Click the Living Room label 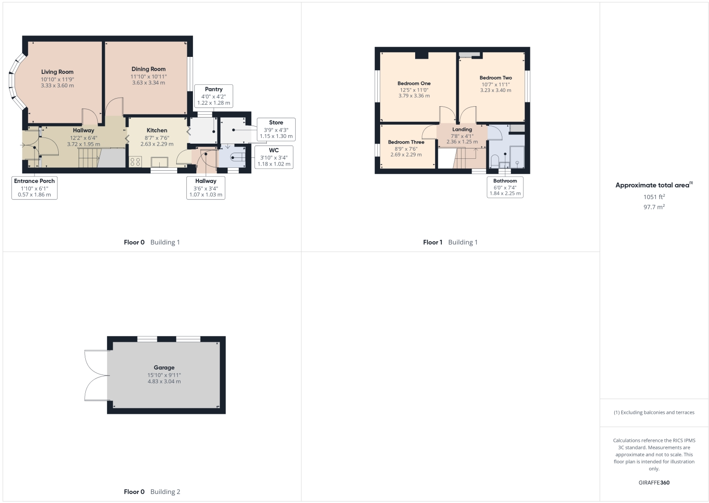tap(57, 72)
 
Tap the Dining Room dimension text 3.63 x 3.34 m tap(148, 83)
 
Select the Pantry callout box tap(214, 96)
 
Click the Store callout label tap(276, 122)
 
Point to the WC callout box tap(273, 157)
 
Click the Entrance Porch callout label tap(34, 181)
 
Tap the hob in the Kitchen tap(135, 162)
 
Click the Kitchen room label tap(157, 130)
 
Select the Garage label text tap(164, 367)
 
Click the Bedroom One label tap(414, 83)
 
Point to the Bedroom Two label tap(496, 78)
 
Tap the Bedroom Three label tap(406, 142)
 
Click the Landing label tap(462, 129)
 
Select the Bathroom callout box tap(505, 187)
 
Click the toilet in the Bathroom tap(494, 162)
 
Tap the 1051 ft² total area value tap(654, 197)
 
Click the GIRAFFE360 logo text tap(654, 483)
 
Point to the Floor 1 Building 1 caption tap(450, 242)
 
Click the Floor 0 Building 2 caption tap(152, 492)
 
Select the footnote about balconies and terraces tap(654, 412)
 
